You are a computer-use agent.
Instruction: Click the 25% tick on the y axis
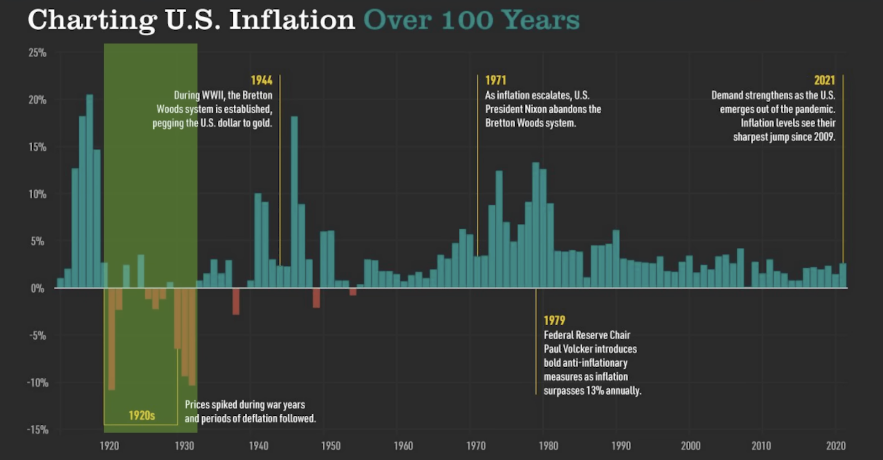click(37, 53)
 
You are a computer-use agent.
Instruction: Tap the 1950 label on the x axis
click(331, 446)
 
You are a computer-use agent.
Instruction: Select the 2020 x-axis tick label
click(836, 446)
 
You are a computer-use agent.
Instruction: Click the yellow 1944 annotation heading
click(261, 80)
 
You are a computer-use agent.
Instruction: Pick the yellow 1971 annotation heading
click(495, 80)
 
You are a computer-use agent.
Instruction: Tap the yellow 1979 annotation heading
click(554, 320)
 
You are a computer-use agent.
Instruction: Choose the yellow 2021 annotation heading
click(824, 80)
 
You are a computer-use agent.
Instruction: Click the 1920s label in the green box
click(142, 415)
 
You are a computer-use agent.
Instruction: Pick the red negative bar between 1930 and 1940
click(236, 302)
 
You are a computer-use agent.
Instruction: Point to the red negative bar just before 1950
click(316, 298)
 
